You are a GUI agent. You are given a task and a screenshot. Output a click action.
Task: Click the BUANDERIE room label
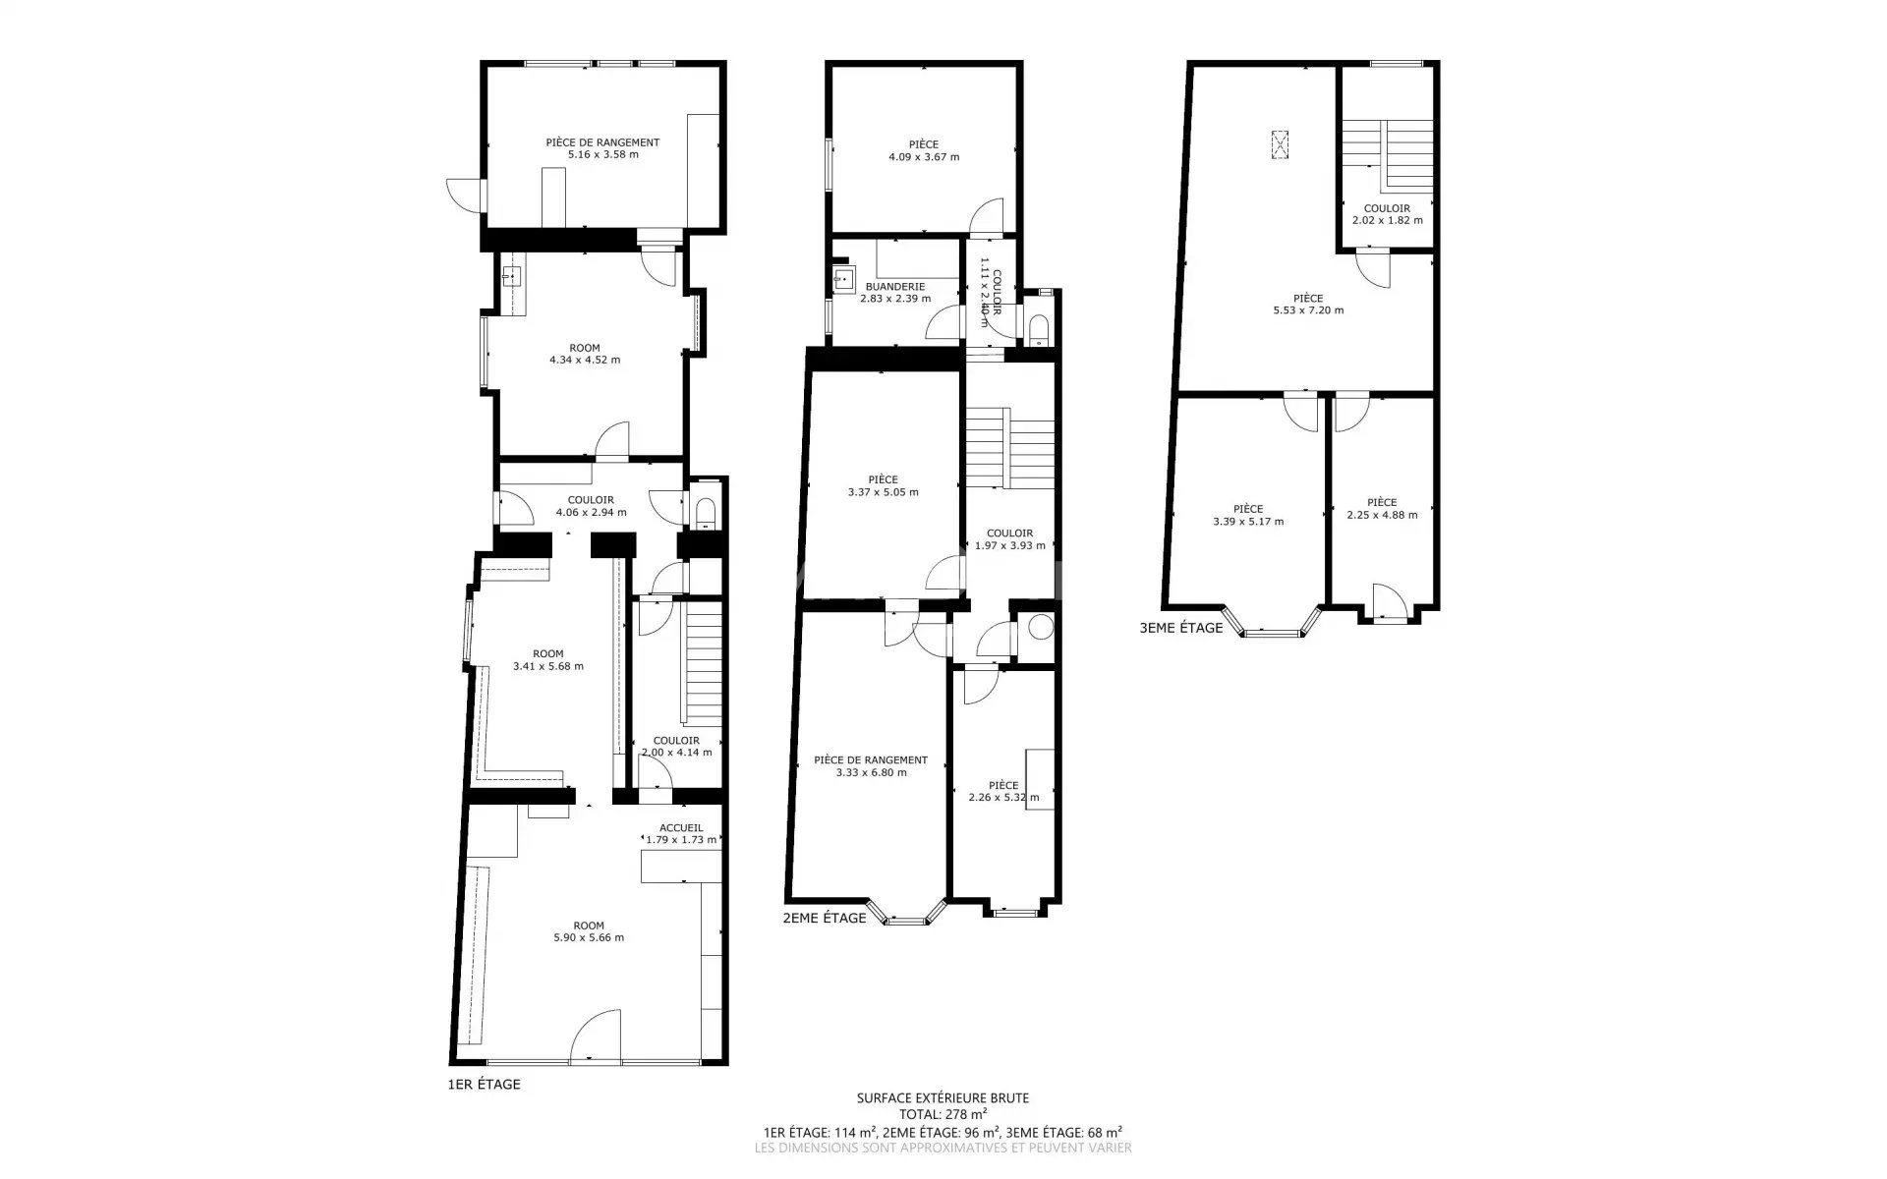(x=894, y=287)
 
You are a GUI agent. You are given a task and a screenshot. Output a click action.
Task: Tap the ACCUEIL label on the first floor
(x=681, y=828)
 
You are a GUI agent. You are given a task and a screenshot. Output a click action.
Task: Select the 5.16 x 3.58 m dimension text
(x=602, y=154)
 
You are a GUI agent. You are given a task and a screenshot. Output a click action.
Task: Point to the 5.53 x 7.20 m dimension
(x=1307, y=310)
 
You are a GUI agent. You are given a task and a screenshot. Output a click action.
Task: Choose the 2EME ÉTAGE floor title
(x=825, y=918)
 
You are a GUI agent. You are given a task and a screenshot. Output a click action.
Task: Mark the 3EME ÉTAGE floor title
(x=1181, y=628)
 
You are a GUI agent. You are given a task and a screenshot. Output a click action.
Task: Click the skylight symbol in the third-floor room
(x=1280, y=143)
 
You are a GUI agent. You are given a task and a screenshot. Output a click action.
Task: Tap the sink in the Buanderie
(x=842, y=279)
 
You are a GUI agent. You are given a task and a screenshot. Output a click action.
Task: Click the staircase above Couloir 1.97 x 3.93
(x=1010, y=447)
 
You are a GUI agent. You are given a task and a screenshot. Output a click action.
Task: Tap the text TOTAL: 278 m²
(x=943, y=1114)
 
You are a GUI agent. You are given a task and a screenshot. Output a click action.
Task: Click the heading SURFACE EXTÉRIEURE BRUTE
(x=943, y=1098)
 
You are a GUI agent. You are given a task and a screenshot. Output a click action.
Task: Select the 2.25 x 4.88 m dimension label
(x=1382, y=515)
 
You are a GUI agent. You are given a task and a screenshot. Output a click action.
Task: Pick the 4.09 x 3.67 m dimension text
(x=924, y=157)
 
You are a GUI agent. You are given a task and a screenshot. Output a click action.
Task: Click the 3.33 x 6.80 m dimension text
(x=871, y=772)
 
